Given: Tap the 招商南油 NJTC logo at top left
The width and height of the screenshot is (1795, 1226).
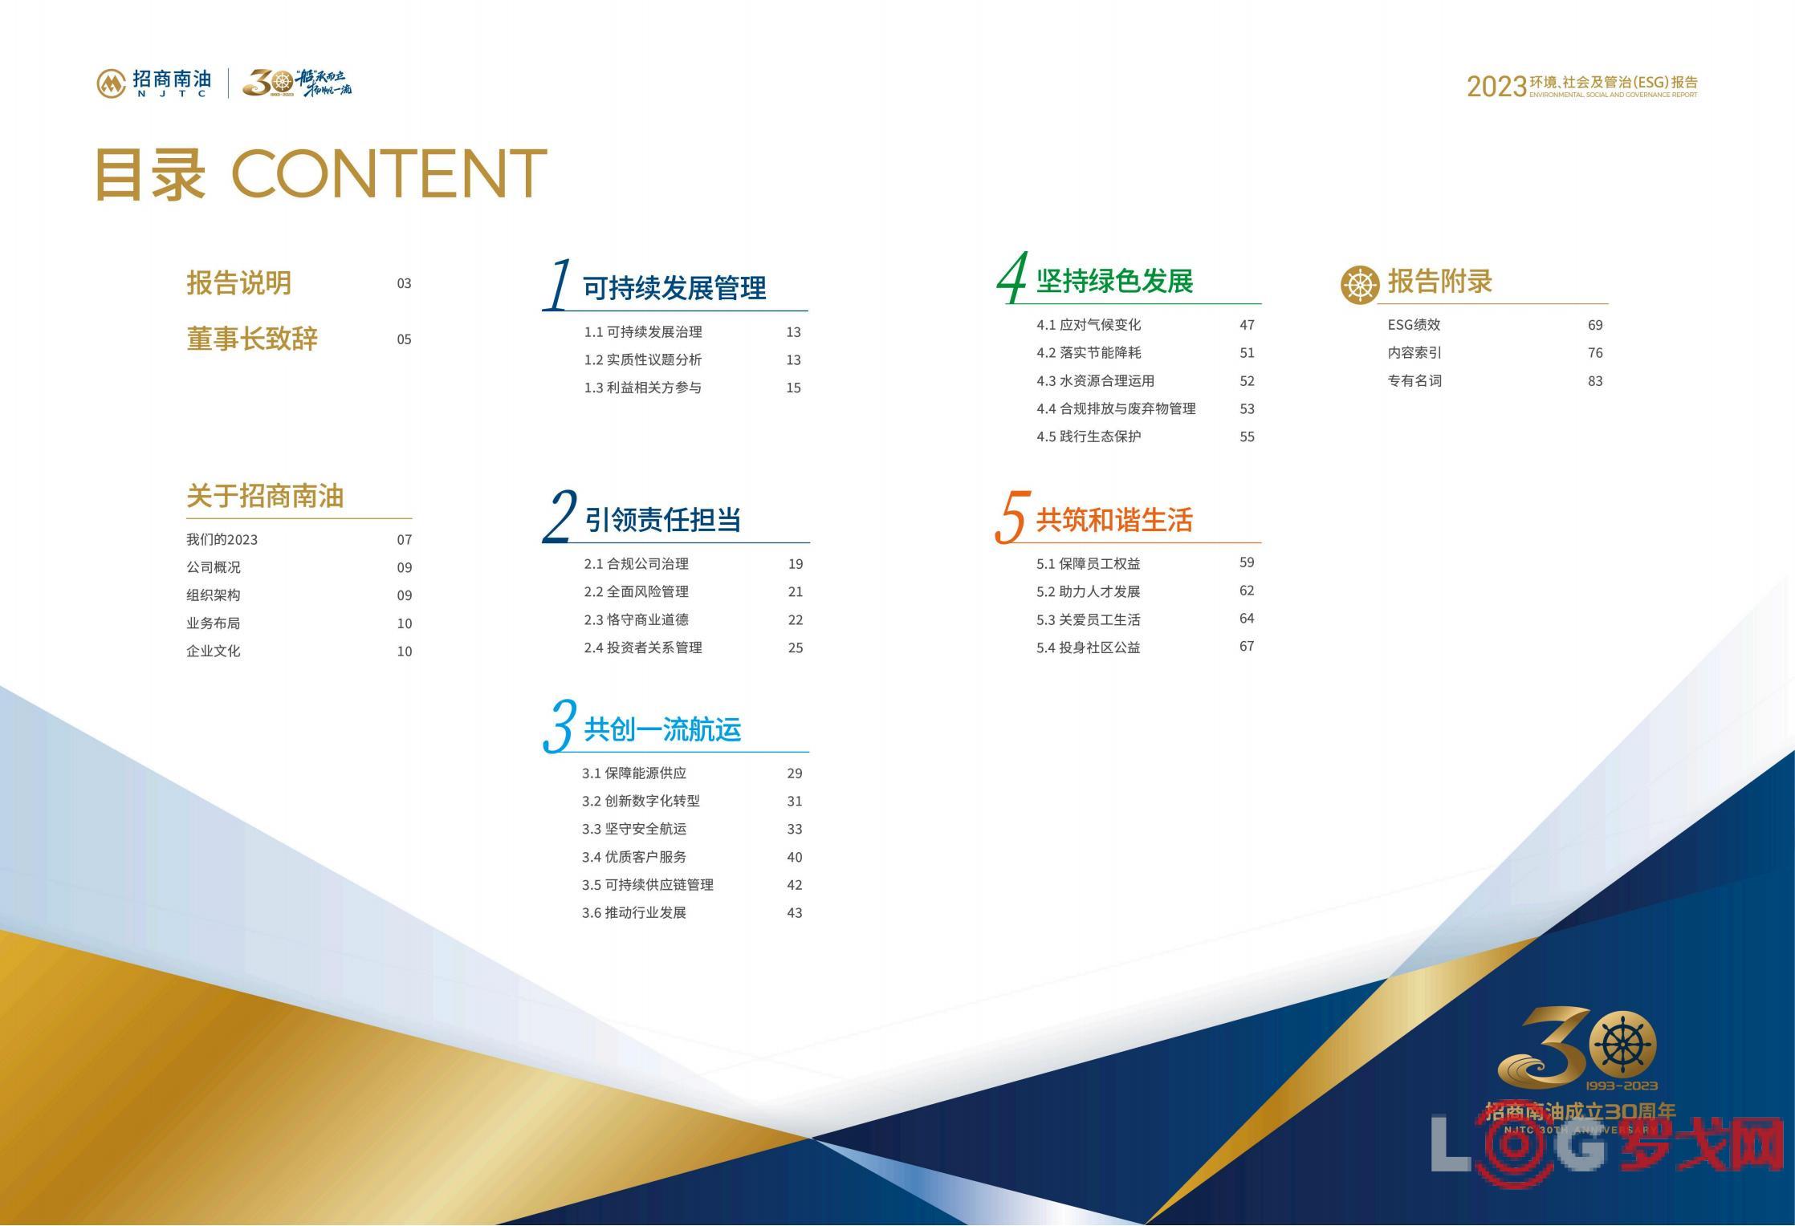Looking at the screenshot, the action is click(154, 83).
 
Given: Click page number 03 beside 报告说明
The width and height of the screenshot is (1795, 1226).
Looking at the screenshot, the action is click(404, 283).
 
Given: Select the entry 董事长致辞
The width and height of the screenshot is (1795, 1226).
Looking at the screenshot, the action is click(252, 339).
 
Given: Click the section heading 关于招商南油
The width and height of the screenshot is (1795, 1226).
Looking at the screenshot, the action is click(265, 496).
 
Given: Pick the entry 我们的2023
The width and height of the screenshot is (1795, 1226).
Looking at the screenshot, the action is click(222, 539).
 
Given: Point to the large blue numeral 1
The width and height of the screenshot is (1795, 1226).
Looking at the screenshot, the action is click(557, 284).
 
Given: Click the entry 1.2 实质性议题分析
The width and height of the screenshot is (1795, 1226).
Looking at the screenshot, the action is click(642, 359).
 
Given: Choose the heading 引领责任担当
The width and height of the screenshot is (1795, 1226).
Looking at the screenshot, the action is click(662, 520).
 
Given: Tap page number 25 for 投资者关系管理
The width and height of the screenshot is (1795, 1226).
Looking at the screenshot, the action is click(796, 648).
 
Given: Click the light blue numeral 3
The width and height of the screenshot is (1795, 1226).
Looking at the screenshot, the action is click(559, 725).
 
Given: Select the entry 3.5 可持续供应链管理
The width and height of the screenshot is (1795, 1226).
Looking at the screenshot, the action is click(648, 884).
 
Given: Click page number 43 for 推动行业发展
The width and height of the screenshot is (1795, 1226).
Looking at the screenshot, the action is click(795, 912).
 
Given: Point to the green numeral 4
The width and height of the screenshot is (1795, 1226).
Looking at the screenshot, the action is click(1011, 278).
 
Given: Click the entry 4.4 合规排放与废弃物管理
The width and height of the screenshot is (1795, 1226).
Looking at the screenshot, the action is click(1116, 408).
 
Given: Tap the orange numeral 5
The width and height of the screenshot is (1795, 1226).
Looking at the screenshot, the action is click(1011, 517).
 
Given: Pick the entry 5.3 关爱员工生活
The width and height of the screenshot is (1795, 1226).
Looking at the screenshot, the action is click(1088, 619).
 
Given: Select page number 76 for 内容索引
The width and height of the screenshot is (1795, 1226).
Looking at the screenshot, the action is click(1595, 353).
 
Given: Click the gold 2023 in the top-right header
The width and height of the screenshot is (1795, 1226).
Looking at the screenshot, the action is click(1496, 87).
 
